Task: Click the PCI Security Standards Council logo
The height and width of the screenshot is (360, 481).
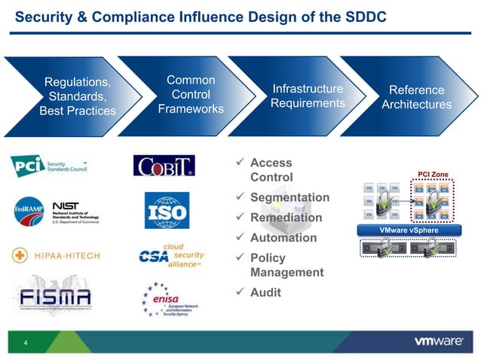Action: [x=50, y=166]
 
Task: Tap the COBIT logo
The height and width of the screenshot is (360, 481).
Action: [x=164, y=166]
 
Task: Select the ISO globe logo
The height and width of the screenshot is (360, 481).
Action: [x=167, y=210]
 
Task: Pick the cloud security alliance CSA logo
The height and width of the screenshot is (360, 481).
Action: [x=171, y=255]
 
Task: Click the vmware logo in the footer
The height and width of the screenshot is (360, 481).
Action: [x=439, y=341]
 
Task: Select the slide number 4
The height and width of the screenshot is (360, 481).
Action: [x=26, y=344]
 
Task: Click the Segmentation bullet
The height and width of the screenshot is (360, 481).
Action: [x=290, y=197]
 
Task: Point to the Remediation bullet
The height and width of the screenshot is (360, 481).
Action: [x=286, y=218]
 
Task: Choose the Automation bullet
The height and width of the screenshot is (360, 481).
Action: [x=283, y=238]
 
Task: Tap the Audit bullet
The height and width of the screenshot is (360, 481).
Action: [x=265, y=292]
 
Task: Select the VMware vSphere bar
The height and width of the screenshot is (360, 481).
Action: [x=409, y=230]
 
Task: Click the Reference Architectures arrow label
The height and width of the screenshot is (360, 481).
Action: [x=416, y=97]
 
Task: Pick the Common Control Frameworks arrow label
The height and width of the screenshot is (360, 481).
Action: [x=191, y=94]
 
